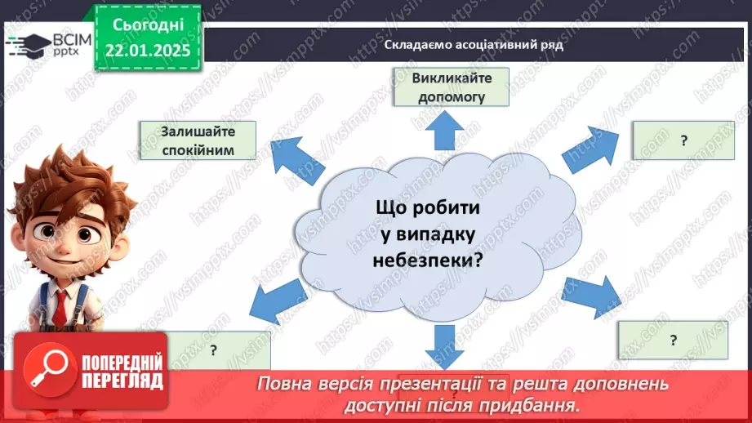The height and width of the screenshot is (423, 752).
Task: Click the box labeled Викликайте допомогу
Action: pyautogui.click(x=450, y=87)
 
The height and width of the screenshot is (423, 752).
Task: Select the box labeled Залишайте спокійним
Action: pyautogui.click(x=198, y=140)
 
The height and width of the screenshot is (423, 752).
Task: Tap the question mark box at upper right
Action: pyautogui.click(x=683, y=140)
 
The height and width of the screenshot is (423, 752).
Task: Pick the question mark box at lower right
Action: pyautogui.click(x=673, y=340)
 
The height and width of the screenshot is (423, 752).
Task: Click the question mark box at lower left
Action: pyautogui.click(x=214, y=350)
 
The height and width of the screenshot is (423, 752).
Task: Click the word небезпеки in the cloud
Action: pyautogui.click(x=428, y=261)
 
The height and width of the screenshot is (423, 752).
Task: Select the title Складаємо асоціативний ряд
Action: pyautogui.click(x=474, y=45)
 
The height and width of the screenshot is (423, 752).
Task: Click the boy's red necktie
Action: pyautogui.click(x=61, y=305)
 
